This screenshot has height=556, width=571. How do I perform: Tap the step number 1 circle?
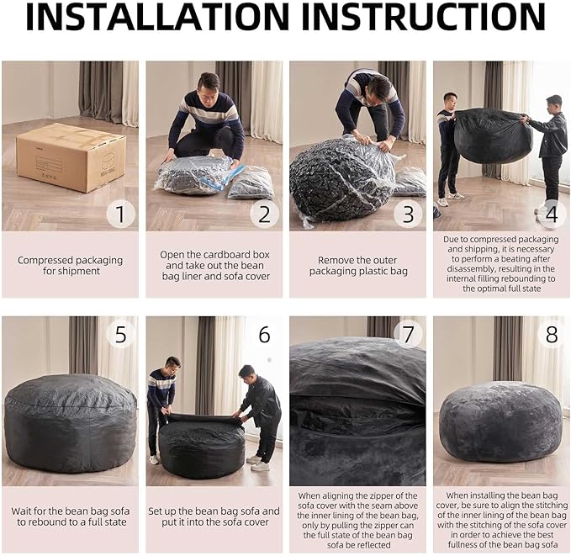point(120,214)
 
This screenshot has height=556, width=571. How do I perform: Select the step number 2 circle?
point(264,214)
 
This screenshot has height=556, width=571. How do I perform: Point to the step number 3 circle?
point(408,214)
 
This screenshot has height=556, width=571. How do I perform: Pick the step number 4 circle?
point(552,214)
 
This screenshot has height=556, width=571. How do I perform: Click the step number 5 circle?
point(120,335)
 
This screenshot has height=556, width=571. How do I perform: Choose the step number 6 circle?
point(264,335)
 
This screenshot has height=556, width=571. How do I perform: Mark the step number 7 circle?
point(408,335)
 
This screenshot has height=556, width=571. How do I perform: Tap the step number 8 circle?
point(552,335)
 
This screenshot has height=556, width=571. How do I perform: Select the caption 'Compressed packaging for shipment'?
point(70,266)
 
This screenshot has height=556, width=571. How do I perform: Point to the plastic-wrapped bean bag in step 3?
point(341,178)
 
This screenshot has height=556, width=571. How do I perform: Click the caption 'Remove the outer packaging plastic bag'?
point(357,266)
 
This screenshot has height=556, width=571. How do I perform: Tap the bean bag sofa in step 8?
point(501,421)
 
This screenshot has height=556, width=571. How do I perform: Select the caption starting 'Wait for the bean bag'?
point(70,516)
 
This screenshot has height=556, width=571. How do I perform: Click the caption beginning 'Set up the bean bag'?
point(214,516)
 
